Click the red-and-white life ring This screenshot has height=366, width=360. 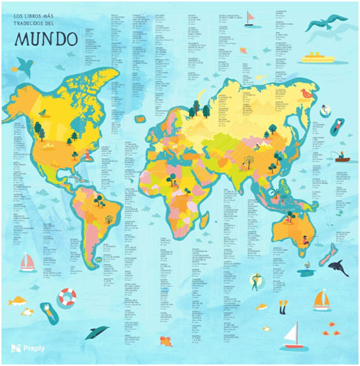pos(67,297)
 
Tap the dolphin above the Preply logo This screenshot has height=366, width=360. pos(95,332)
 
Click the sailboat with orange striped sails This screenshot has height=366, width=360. pos(321,299)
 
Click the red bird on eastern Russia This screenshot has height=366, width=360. pos(306,93)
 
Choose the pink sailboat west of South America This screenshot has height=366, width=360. pos(28,262)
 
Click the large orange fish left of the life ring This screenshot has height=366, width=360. pos(18,301)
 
